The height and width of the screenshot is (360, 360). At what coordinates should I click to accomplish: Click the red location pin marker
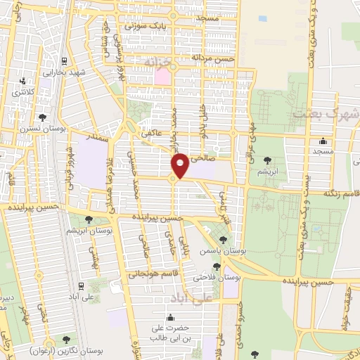180,165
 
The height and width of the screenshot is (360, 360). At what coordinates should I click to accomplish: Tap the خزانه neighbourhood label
158,62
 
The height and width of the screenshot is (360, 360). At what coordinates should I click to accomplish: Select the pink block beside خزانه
163,76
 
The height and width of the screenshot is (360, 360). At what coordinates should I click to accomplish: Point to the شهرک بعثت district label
324,113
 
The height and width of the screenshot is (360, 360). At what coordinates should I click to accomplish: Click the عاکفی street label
150,133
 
